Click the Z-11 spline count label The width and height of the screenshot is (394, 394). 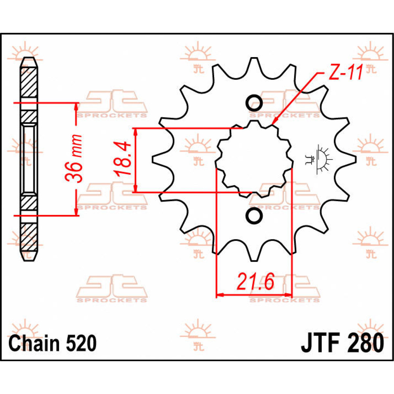345,73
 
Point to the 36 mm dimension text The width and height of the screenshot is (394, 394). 74,158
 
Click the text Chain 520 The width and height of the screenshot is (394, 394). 53,343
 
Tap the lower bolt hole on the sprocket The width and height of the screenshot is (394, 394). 254,215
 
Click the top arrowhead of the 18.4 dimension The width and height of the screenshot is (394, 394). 135,131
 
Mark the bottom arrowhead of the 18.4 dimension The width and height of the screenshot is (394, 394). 135,189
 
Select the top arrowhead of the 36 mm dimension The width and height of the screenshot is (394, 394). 77,106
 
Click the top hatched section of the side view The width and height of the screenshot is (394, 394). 29,82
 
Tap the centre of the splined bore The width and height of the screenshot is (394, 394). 254,160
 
